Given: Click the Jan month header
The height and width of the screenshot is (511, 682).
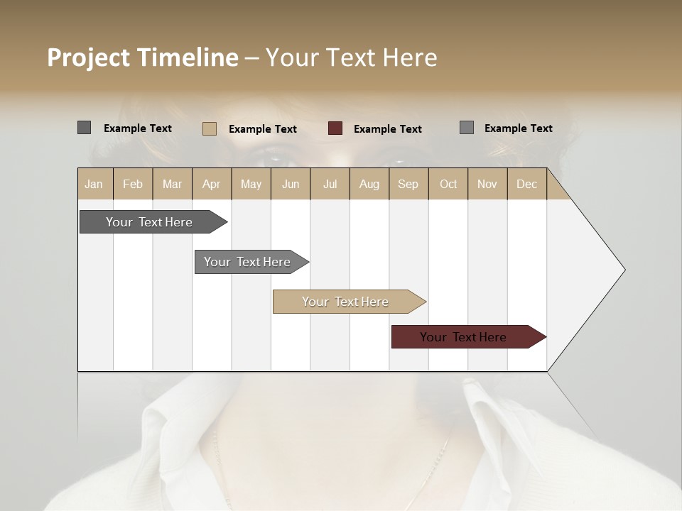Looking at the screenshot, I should pyautogui.click(x=94, y=184).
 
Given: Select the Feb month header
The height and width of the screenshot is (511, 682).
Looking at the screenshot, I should pyautogui.click(x=133, y=184).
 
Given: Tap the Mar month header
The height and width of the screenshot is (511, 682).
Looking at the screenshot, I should pyautogui.click(x=172, y=184).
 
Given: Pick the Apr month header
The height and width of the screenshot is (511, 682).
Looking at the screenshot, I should pyautogui.click(x=211, y=184).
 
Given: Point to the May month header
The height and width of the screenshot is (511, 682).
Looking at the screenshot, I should pyautogui.click(x=251, y=184).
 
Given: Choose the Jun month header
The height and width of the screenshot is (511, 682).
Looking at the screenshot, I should pyautogui.click(x=291, y=184).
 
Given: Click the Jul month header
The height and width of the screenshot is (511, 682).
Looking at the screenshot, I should pyautogui.click(x=330, y=184).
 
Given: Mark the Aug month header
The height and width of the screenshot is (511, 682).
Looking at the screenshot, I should pyautogui.click(x=369, y=184).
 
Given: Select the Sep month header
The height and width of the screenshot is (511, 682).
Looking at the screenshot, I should pyautogui.click(x=408, y=184).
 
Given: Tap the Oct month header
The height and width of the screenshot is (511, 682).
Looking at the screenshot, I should pyautogui.click(x=448, y=184).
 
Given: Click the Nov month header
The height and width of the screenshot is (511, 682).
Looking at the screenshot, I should pyautogui.click(x=487, y=184).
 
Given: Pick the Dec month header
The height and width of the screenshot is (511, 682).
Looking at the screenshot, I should pyautogui.click(x=526, y=184).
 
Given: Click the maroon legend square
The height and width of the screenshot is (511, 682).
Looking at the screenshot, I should pyautogui.click(x=335, y=128).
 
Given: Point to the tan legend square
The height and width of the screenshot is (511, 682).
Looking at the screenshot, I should pyautogui.click(x=210, y=128).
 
